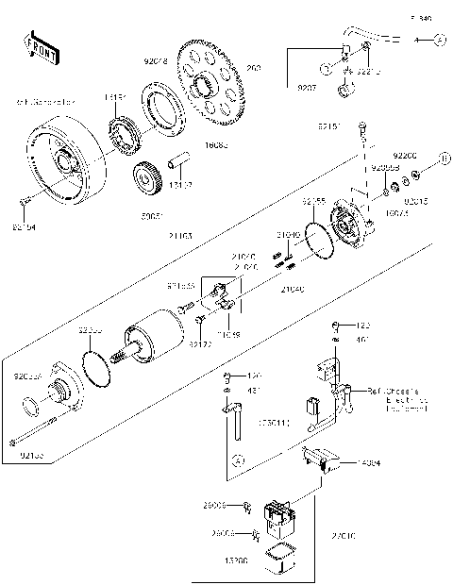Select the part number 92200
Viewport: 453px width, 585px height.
[406, 153]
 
